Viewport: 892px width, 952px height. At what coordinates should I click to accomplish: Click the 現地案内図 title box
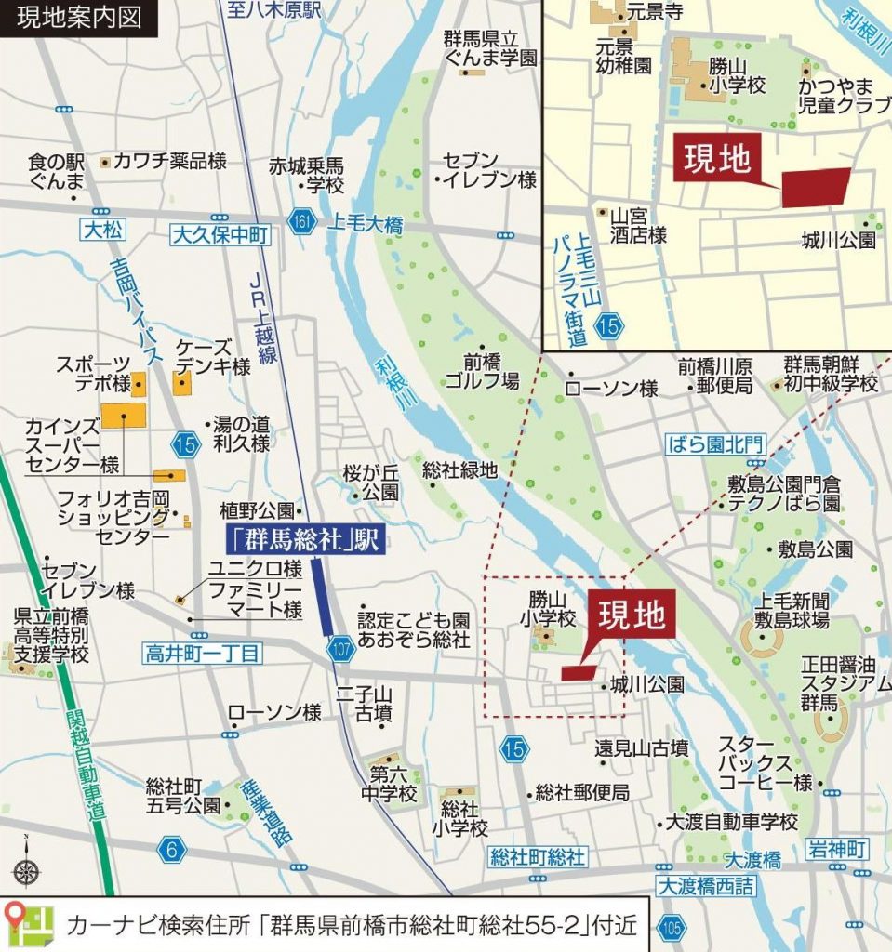pos(78,18)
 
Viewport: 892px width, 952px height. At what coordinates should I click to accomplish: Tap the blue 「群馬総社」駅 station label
pos(303,540)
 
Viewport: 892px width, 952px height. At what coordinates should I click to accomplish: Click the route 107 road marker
pos(341,650)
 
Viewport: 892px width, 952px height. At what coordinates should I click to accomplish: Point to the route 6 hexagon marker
pos(171,848)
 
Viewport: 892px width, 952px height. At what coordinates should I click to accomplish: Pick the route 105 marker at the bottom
pos(671,926)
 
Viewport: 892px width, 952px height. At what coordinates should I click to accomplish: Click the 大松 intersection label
pos(100,230)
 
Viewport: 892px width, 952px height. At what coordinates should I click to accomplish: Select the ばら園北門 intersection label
pos(715,444)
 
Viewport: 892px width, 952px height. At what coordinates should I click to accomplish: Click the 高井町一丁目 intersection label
pos(201,654)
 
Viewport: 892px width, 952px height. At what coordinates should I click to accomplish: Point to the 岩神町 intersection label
pos(835,849)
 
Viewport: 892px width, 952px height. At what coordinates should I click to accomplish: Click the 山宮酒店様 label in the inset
pos(638,226)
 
